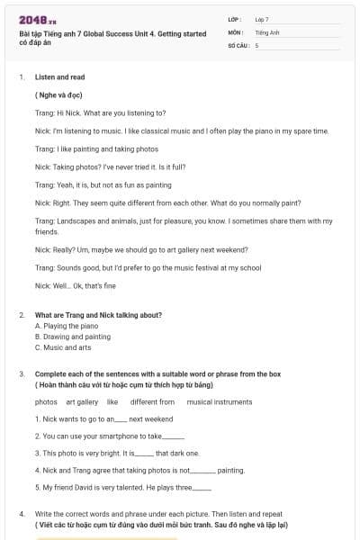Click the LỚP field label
click(x=235, y=19)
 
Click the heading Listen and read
click(x=59, y=77)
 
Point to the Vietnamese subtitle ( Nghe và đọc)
click(x=59, y=94)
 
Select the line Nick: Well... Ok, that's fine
click(x=76, y=285)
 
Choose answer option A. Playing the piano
click(x=67, y=326)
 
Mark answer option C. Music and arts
click(x=63, y=347)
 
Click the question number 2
click(x=22, y=315)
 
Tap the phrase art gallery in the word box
click(x=82, y=402)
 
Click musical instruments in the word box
click(x=220, y=402)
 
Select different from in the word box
click(x=152, y=402)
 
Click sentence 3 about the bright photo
click(x=117, y=454)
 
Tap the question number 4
click(x=22, y=513)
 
